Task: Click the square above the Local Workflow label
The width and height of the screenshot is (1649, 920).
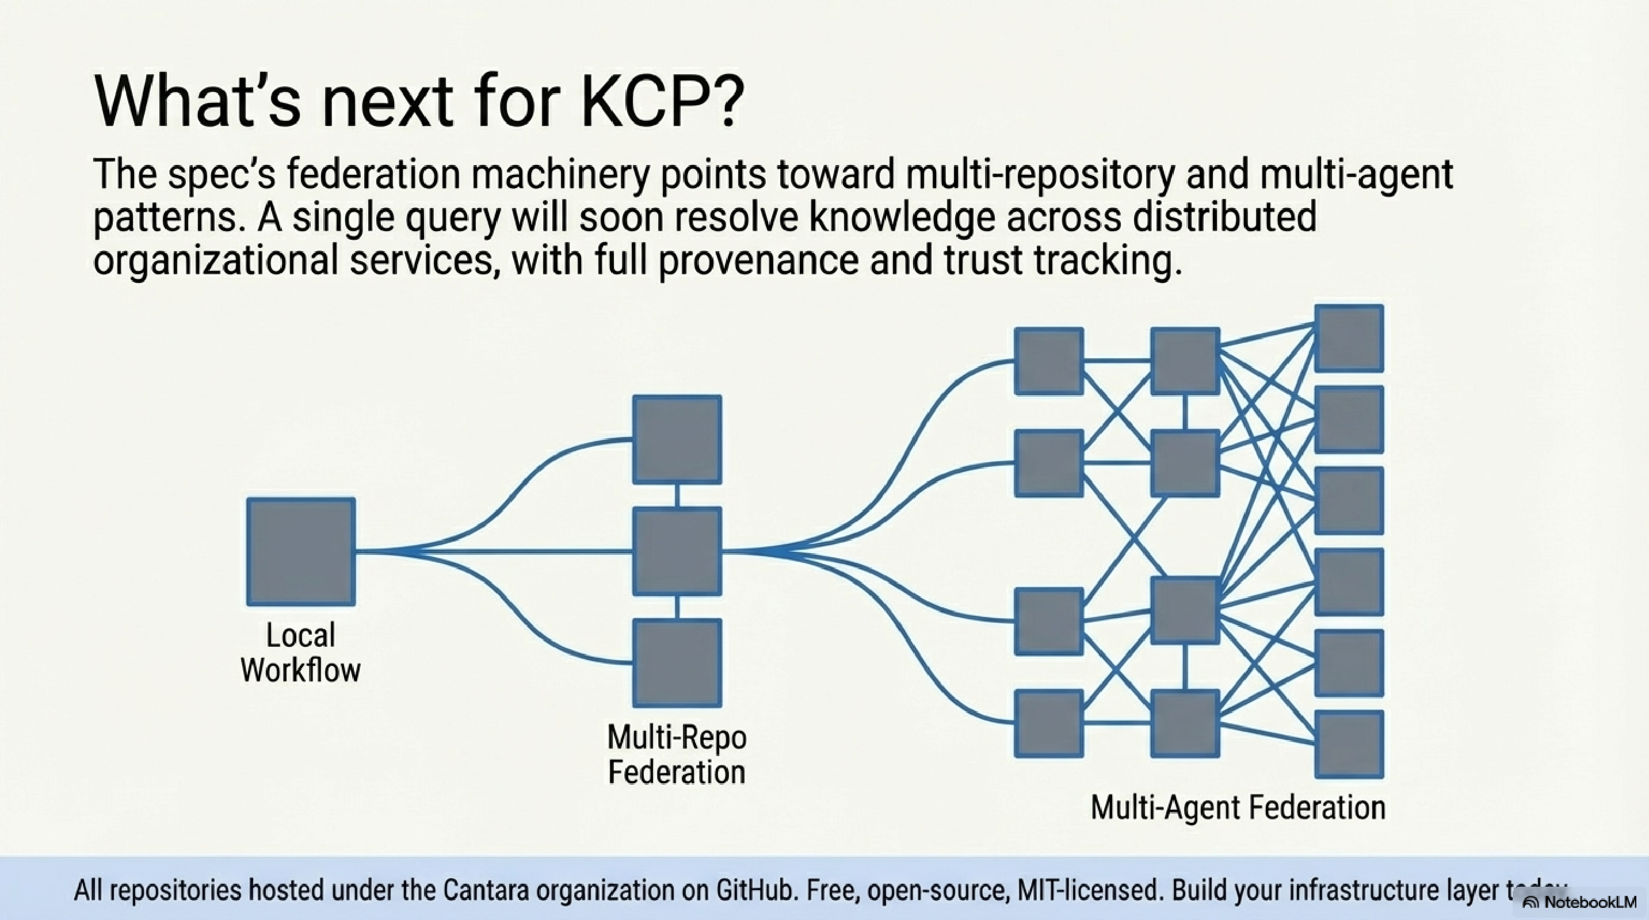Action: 301,551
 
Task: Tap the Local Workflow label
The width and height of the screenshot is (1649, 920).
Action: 300,653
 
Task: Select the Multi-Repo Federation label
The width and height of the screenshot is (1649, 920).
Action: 677,754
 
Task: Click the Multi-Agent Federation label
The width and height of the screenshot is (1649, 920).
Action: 1238,807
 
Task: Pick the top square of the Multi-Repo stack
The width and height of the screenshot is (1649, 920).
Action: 677,439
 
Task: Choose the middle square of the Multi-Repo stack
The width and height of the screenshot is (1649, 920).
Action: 677,551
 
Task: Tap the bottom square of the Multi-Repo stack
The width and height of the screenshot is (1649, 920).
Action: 677,662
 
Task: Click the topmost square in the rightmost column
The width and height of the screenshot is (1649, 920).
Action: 1349,338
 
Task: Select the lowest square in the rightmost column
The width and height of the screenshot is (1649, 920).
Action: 1349,744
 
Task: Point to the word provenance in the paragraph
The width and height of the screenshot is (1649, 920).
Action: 758,261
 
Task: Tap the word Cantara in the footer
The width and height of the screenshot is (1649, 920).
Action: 484,891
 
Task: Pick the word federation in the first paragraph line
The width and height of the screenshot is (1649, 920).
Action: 373,174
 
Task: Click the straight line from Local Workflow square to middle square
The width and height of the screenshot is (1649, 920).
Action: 493,551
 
